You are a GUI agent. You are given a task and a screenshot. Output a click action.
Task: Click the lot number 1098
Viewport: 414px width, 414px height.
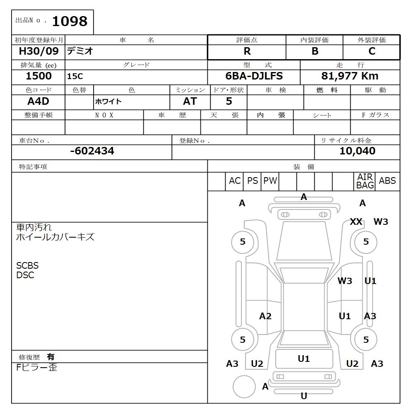70,21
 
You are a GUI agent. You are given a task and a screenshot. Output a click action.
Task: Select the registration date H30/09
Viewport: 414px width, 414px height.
39,51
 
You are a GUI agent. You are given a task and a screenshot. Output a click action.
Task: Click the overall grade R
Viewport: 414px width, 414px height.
247,51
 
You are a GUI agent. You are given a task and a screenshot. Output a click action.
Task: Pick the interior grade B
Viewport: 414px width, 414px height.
315,51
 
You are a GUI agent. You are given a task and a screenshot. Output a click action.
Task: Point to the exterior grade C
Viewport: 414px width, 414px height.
372,51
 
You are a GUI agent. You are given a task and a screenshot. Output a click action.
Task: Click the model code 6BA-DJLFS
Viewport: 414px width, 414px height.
254,76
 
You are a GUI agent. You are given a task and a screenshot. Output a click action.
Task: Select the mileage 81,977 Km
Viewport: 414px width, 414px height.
350,76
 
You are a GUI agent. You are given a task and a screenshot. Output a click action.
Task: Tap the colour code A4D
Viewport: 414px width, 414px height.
39,101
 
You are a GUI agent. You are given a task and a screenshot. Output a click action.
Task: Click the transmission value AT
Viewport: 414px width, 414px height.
190,101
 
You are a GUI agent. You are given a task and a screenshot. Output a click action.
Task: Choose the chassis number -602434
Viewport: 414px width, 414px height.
92,151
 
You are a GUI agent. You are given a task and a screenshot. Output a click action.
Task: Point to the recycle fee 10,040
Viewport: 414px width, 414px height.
357,151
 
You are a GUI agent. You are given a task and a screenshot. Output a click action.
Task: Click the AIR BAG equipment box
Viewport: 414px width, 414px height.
365,181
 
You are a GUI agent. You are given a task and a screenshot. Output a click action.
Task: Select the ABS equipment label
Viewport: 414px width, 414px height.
387,181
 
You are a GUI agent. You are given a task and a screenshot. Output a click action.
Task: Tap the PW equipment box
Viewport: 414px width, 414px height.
270,181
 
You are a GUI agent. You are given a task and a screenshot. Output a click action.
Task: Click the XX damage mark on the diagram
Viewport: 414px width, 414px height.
356,221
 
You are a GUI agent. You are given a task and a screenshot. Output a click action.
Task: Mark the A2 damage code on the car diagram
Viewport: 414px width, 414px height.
265,316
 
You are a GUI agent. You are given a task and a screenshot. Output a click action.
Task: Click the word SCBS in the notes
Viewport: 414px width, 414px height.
27,266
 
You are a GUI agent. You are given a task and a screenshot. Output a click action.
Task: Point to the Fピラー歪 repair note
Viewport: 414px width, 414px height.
37,367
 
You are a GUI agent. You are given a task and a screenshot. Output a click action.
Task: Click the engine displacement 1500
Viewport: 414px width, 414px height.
39,76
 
